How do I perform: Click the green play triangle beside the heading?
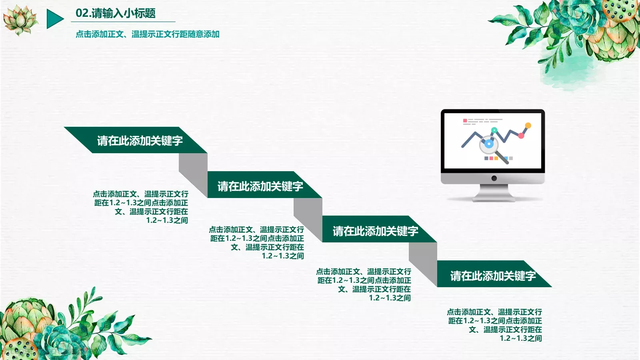[54, 19]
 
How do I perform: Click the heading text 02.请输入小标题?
[116, 13]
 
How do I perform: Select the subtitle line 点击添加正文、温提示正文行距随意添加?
[148, 34]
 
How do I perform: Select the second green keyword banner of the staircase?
[260, 186]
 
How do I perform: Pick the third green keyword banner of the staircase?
[375, 230]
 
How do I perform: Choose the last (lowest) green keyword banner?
[493, 275]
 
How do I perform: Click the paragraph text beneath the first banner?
[141, 207]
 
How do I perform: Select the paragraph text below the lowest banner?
[495, 325]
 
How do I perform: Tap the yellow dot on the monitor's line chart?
[528, 126]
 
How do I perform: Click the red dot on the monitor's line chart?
[521, 136]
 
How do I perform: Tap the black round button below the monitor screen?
[494, 178]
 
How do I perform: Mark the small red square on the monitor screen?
[465, 120]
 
